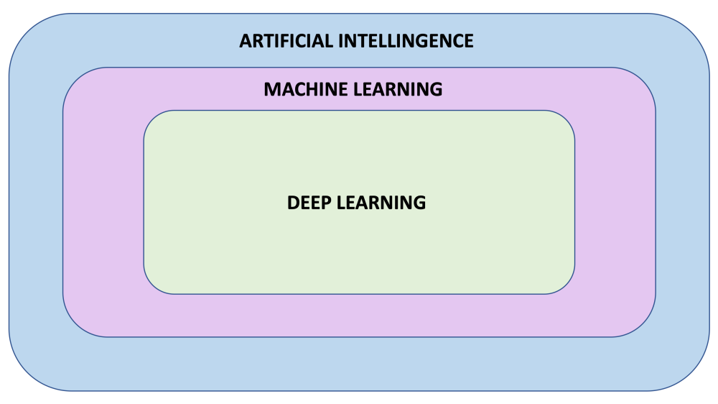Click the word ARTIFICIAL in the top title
(284, 41)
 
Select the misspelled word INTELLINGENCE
(405, 41)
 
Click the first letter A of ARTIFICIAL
(246, 41)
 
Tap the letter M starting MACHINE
(271, 90)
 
